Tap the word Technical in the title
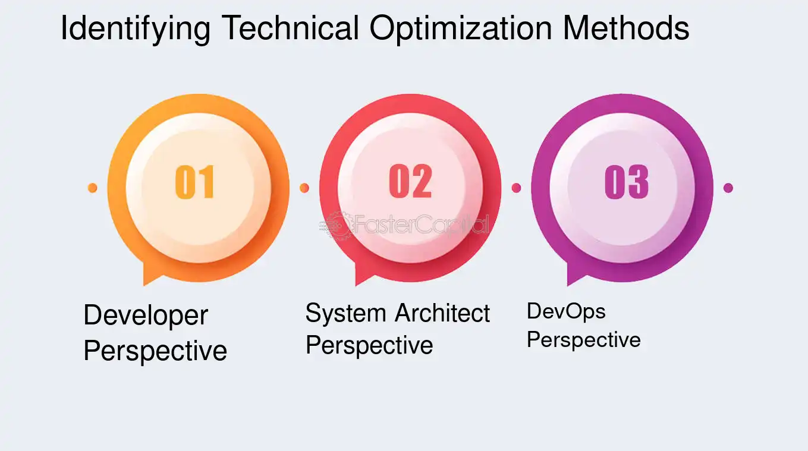click(290, 27)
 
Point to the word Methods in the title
click(626, 27)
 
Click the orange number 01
click(195, 182)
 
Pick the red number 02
click(410, 181)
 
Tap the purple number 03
click(627, 182)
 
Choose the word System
click(346, 314)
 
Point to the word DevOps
click(566, 312)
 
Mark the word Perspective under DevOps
click(584, 340)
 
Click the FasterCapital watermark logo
click(404, 225)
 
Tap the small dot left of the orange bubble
click(92, 188)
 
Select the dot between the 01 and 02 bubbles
click(304, 188)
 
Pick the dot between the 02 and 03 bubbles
click(516, 188)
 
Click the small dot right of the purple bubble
click(728, 188)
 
